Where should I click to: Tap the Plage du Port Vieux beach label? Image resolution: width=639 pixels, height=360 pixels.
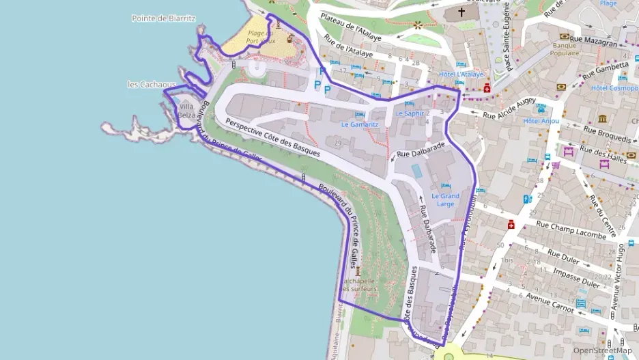pyautogui.click(x=260, y=37)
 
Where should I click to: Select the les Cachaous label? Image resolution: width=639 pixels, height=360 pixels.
pyautogui.click(x=152, y=85)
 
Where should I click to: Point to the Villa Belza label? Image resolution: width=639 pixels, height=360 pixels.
pyautogui.click(x=186, y=111)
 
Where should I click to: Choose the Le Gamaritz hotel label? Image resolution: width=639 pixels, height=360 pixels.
pyautogui.click(x=360, y=124)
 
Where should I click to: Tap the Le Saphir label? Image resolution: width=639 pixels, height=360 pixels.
pyautogui.click(x=410, y=113)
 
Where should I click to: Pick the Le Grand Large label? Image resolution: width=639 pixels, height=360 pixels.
pyautogui.click(x=446, y=199)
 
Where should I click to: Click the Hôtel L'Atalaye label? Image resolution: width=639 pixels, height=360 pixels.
pyautogui.click(x=461, y=74)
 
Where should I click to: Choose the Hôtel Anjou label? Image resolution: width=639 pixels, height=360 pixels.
pyautogui.click(x=541, y=121)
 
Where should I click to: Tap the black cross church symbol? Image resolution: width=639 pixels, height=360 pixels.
pyautogui.click(x=461, y=12)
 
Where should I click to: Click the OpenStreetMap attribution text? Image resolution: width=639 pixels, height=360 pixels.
pyautogui.click(x=602, y=350)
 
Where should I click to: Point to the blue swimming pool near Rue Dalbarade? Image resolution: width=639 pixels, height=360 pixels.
pyautogui.click(x=416, y=168)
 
